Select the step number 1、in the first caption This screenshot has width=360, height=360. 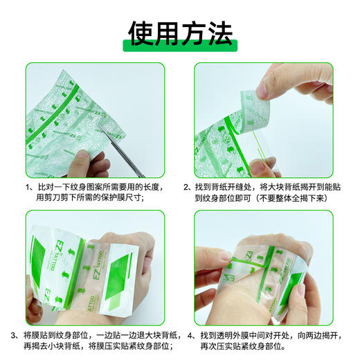tap(29, 187)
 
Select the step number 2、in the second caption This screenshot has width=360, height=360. tap(188, 187)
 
